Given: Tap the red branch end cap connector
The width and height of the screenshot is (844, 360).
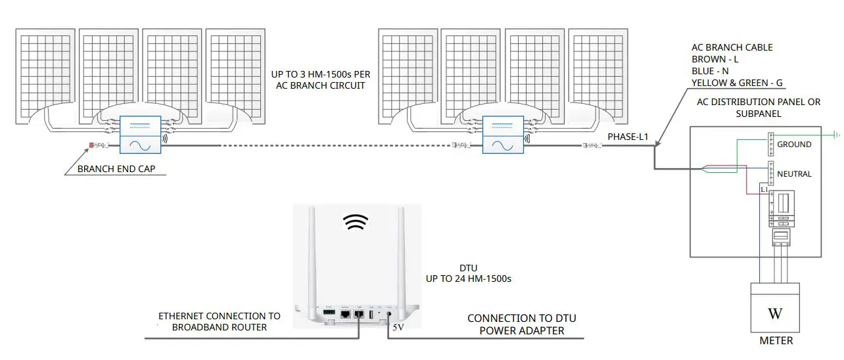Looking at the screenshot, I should click(x=91, y=145).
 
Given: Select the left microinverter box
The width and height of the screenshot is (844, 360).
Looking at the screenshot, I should click(x=141, y=135).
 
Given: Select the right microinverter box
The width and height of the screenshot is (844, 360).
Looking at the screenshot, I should click(x=504, y=135).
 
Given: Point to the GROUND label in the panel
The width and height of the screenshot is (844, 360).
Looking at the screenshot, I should click(x=794, y=144).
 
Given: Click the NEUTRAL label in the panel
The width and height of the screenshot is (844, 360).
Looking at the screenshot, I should click(x=794, y=174).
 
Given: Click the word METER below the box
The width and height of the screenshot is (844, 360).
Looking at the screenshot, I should click(x=776, y=340).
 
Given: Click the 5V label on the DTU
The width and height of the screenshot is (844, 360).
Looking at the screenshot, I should click(x=398, y=326).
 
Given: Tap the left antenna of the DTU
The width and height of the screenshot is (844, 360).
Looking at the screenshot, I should click(x=312, y=256).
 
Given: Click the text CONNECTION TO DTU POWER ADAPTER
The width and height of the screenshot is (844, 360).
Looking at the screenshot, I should click(x=521, y=325).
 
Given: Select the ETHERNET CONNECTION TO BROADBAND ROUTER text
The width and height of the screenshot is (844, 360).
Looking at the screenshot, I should click(x=219, y=321).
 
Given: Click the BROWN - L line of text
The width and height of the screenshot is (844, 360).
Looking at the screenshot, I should click(x=715, y=59).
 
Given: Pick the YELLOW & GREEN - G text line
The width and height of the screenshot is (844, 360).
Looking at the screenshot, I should click(x=736, y=82).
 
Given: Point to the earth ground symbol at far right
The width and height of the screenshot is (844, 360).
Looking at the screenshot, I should click(x=837, y=135).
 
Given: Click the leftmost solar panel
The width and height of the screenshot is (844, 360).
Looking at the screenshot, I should click(x=45, y=76).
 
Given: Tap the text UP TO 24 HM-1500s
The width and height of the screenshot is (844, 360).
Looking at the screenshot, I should click(x=468, y=279).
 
